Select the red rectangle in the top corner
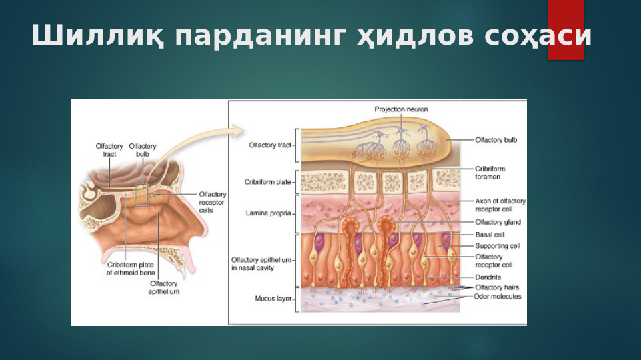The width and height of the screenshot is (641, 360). click(x=566, y=30)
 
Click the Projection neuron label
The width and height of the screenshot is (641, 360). click(x=401, y=109)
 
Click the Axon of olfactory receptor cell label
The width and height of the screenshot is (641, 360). click(x=500, y=204)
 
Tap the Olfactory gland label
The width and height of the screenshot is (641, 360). click(x=498, y=222)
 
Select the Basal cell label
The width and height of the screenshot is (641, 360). click(x=490, y=235)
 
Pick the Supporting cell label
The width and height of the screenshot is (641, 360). click(x=497, y=246)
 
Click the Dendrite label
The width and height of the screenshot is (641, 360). click(x=488, y=277)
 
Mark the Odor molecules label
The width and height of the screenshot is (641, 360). click(x=498, y=296)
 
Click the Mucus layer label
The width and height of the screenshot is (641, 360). click(x=272, y=299)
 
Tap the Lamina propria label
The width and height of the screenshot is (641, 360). click(x=268, y=213)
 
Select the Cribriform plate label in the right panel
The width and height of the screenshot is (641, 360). click(x=267, y=181)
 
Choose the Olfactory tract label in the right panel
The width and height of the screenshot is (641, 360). click(x=269, y=145)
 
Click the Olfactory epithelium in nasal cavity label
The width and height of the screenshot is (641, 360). click(x=261, y=263)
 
